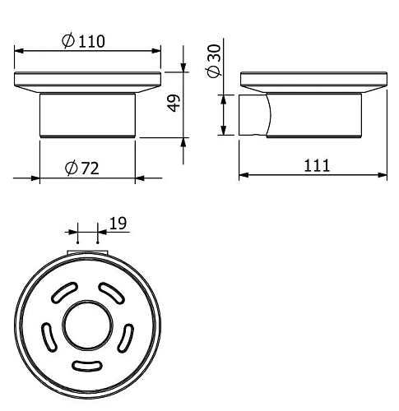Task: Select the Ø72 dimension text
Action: click(x=82, y=168)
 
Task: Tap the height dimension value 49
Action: click(x=174, y=105)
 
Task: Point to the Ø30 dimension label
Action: click(x=214, y=62)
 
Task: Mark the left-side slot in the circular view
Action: click(x=48, y=335)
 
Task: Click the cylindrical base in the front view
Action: click(x=86, y=114)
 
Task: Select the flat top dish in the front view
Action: click(x=86, y=81)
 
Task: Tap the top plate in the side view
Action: click(x=313, y=81)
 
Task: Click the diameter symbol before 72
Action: click(x=70, y=168)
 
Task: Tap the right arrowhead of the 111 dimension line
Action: click(x=384, y=175)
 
